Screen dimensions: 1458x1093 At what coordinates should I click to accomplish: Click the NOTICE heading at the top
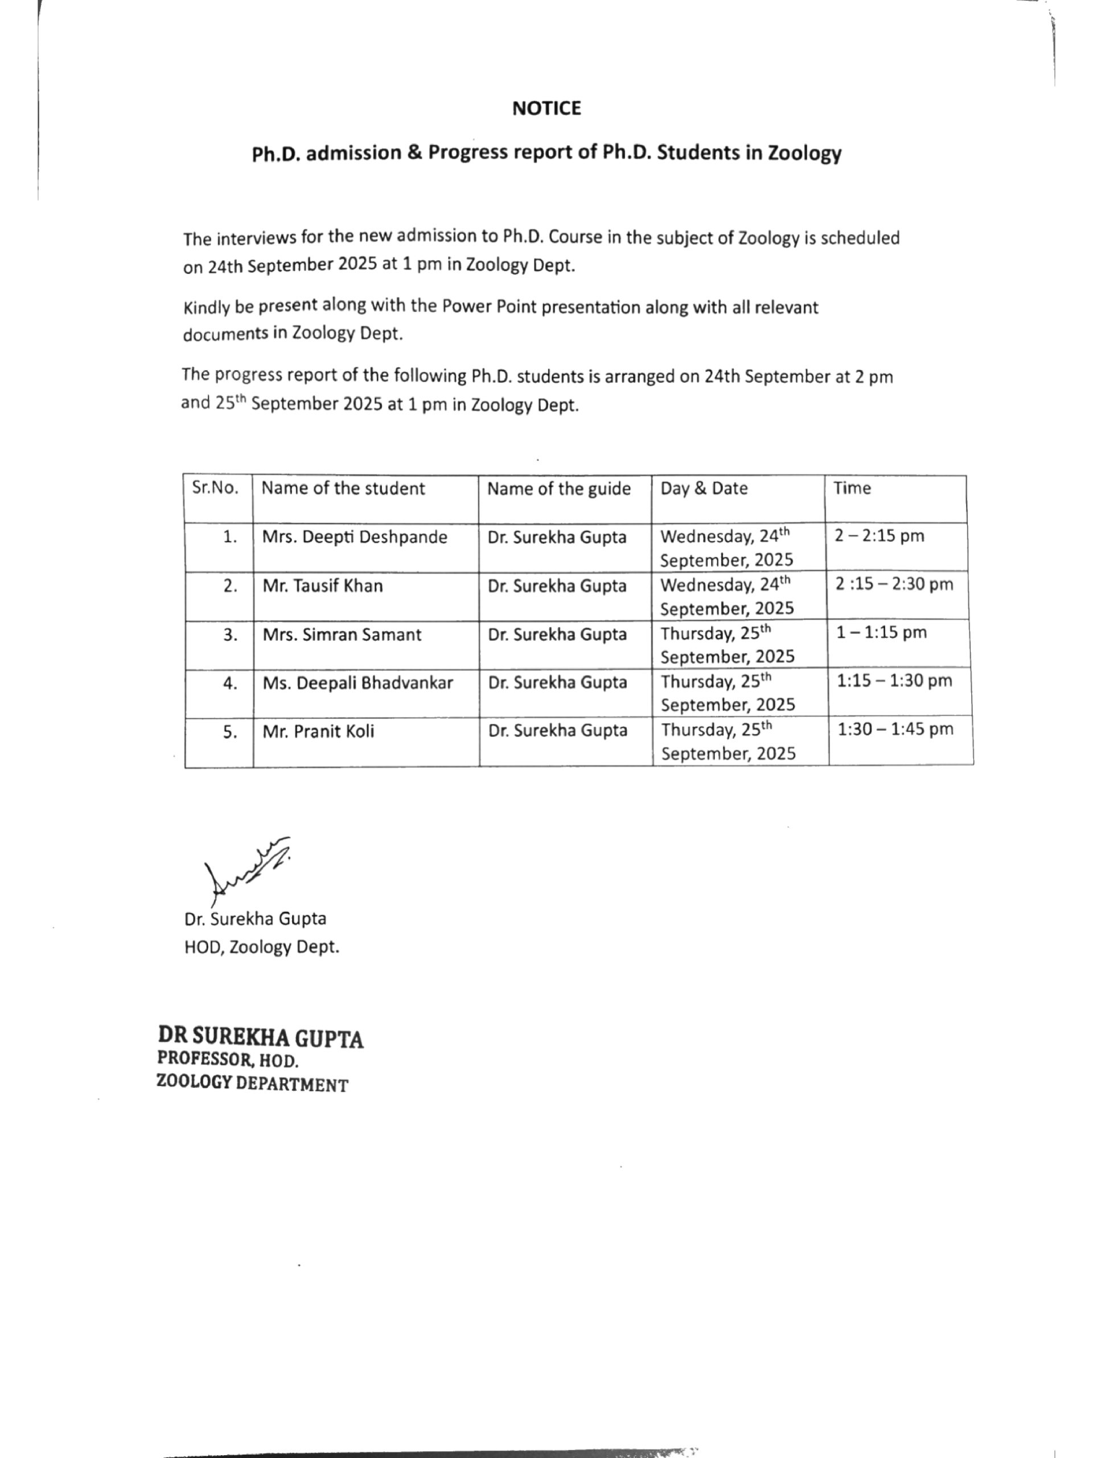click(x=546, y=108)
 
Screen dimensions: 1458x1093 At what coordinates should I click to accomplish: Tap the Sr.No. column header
click(x=215, y=489)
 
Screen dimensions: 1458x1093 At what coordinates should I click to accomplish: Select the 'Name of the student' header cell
click(x=343, y=489)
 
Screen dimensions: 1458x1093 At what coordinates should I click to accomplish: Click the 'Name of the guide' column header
click(x=558, y=489)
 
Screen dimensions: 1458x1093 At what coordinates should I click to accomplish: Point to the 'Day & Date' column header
click(x=704, y=489)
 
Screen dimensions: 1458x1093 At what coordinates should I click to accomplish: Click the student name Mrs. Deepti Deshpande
click(x=355, y=537)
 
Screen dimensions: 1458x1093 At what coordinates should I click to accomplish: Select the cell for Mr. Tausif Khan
click(x=322, y=586)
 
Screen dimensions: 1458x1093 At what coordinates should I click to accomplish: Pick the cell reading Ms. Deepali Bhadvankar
click(x=358, y=683)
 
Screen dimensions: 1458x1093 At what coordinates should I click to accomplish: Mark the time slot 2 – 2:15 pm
click(x=879, y=536)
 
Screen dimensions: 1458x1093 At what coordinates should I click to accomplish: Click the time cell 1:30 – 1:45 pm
click(x=895, y=729)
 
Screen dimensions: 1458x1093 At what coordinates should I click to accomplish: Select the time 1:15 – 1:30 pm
click(x=894, y=681)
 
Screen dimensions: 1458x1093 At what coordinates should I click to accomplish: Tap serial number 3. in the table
click(x=230, y=635)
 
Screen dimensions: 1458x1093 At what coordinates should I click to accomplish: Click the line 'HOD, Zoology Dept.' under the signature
click(x=261, y=947)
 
